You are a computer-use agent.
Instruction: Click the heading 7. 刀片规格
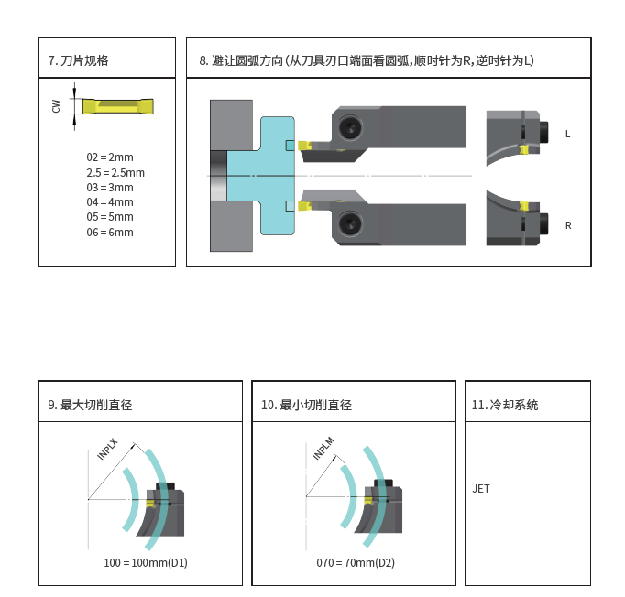(79, 60)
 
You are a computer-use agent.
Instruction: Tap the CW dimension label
(57, 106)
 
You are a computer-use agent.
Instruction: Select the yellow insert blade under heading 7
(118, 106)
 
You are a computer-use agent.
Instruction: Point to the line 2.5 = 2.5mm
(115, 172)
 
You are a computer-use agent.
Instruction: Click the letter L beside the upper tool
(567, 134)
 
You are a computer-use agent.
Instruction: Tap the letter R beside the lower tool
(568, 225)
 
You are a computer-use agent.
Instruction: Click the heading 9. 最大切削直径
(90, 405)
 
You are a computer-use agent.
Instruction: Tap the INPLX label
(108, 448)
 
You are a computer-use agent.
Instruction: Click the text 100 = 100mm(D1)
(145, 562)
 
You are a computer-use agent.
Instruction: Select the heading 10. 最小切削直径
(306, 405)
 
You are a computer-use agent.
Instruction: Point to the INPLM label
(323, 448)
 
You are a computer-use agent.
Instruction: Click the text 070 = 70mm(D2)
(356, 562)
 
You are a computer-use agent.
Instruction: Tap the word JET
(481, 488)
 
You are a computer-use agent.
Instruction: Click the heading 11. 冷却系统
(504, 405)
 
